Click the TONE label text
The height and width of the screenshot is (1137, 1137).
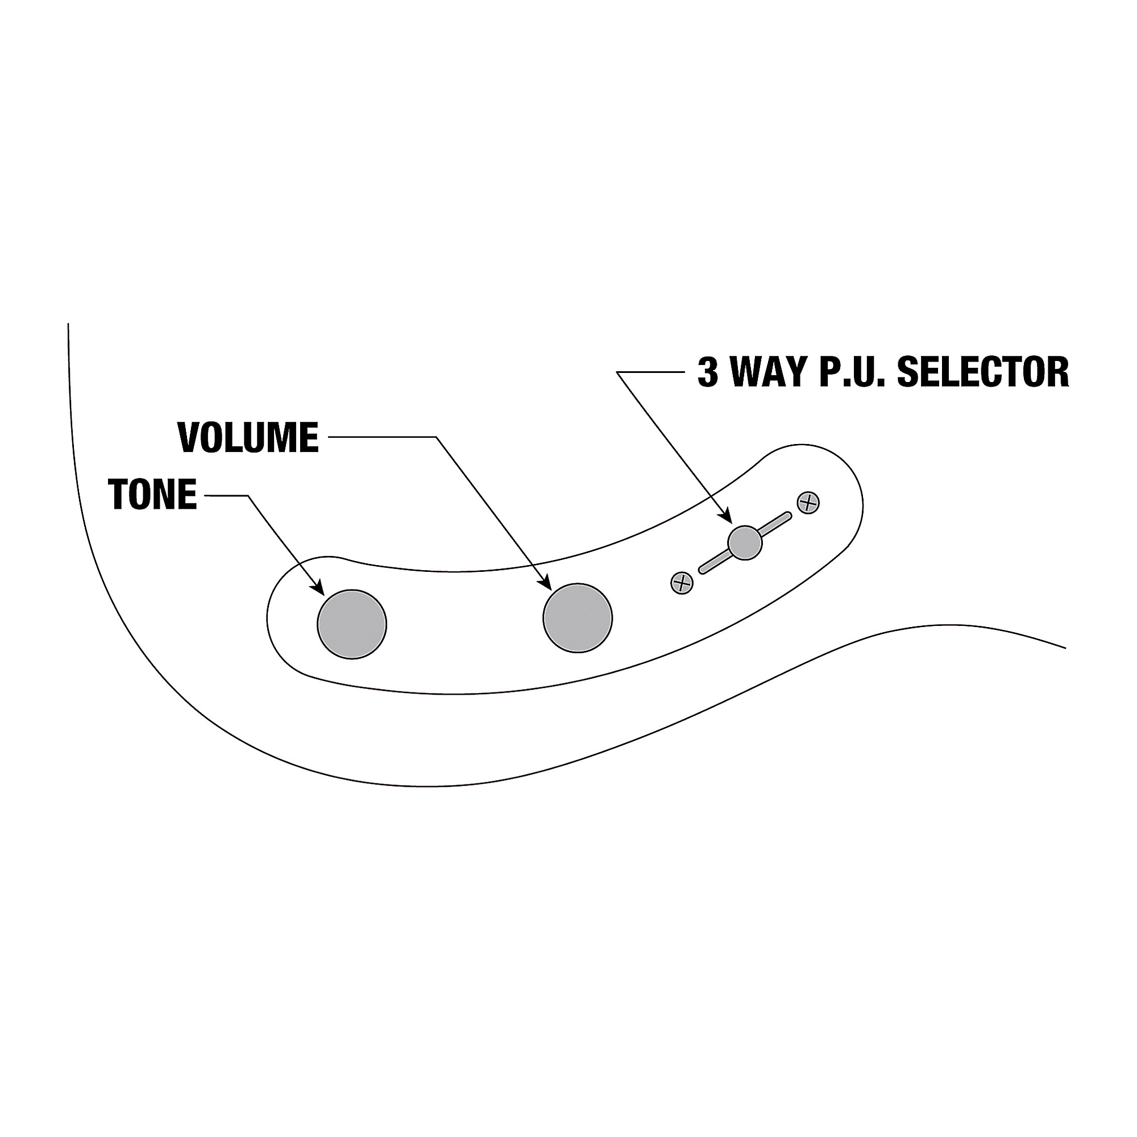tap(152, 495)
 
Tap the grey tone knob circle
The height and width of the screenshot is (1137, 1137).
tap(352, 624)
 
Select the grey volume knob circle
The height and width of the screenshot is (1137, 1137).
tap(578, 618)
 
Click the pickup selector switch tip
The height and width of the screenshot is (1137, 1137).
tap(745, 542)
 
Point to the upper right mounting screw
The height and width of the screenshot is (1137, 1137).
tap(808, 503)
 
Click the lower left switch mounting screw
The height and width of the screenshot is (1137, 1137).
tap(682, 583)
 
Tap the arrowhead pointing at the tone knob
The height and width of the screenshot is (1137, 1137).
tap(319, 588)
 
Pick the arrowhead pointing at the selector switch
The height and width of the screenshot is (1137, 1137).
tap(728, 517)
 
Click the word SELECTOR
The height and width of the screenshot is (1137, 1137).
tap(982, 372)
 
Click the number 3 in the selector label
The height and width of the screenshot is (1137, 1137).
tap(708, 372)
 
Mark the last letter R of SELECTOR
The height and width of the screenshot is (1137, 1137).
tap(1056, 372)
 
